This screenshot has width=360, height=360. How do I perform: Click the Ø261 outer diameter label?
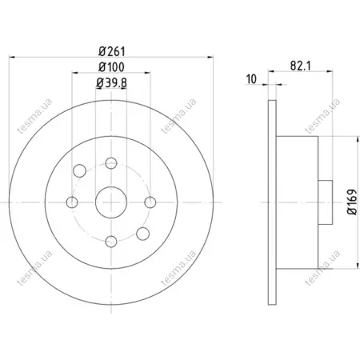click(112, 51)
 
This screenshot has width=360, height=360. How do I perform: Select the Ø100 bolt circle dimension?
click(111, 67)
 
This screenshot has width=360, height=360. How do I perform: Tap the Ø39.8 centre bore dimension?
click(111, 83)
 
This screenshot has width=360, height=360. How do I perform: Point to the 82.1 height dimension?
click(301, 66)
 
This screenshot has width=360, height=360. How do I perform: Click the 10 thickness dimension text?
click(251, 79)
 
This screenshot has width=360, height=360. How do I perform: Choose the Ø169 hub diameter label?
click(352, 202)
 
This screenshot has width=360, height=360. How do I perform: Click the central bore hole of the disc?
click(111, 202)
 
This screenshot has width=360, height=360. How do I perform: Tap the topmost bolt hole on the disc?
click(111, 163)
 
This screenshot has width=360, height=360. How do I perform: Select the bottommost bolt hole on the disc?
click(111, 242)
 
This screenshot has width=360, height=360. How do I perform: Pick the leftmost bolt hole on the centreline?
click(72, 202)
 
